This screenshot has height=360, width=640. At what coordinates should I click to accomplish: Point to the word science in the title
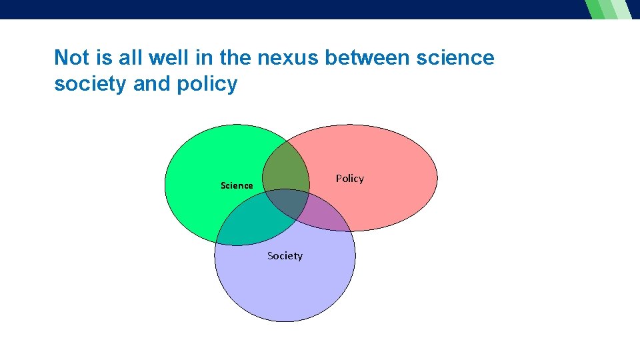[455, 58]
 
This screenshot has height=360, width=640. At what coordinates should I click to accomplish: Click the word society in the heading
[91, 85]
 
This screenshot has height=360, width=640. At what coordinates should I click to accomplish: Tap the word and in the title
[152, 85]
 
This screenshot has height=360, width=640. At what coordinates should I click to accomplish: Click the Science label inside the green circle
[237, 185]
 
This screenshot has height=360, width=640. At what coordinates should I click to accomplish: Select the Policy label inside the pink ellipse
[349, 179]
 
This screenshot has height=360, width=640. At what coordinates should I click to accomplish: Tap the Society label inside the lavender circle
[285, 256]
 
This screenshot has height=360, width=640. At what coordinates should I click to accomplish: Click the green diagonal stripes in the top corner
[607, 9]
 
